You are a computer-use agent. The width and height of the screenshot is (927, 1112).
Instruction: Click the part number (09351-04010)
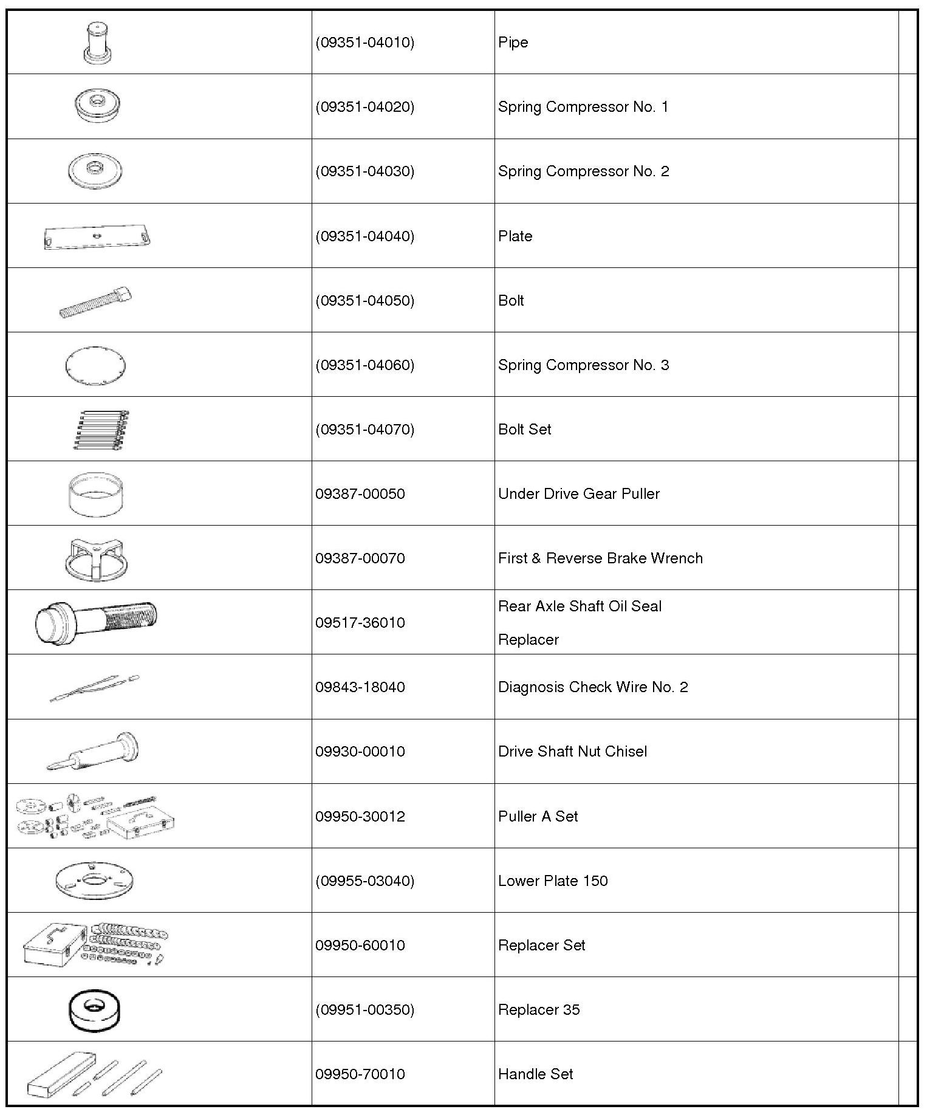click(x=364, y=43)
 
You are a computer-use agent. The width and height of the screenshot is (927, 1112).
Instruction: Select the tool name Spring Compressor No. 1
click(x=583, y=107)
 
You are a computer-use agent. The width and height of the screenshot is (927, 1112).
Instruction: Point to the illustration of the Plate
click(x=97, y=236)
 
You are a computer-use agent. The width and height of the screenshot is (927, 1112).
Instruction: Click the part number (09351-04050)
click(x=364, y=301)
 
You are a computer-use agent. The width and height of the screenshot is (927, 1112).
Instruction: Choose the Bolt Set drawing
click(x=100, y=430)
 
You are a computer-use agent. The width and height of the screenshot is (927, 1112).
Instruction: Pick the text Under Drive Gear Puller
click(x=578, y=494)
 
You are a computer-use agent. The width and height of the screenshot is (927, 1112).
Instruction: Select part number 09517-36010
click(x=360, y=623)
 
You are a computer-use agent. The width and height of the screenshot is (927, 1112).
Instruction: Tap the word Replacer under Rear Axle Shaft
click(x=528, y=640)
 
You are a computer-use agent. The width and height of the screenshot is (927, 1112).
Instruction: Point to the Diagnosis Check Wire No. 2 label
click(x=593, y=687)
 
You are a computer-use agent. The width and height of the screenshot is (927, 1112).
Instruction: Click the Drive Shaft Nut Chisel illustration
click(x=94, y=752)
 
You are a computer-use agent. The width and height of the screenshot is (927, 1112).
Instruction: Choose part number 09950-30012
click(x=360, y=817)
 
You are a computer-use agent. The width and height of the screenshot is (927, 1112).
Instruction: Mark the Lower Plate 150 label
click(x=553, y=881)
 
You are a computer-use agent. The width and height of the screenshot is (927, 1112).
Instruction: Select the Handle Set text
click(x=535, y=1074)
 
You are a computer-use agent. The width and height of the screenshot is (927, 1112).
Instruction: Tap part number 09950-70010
click(x=360, y=1074)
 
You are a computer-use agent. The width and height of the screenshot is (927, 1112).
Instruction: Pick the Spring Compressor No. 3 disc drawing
click(x=95, y=365)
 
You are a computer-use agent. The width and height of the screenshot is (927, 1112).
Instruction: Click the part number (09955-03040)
click(x=364, y=881)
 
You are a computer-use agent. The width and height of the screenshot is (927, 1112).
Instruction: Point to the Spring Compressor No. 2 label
click(x=583, y=171)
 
